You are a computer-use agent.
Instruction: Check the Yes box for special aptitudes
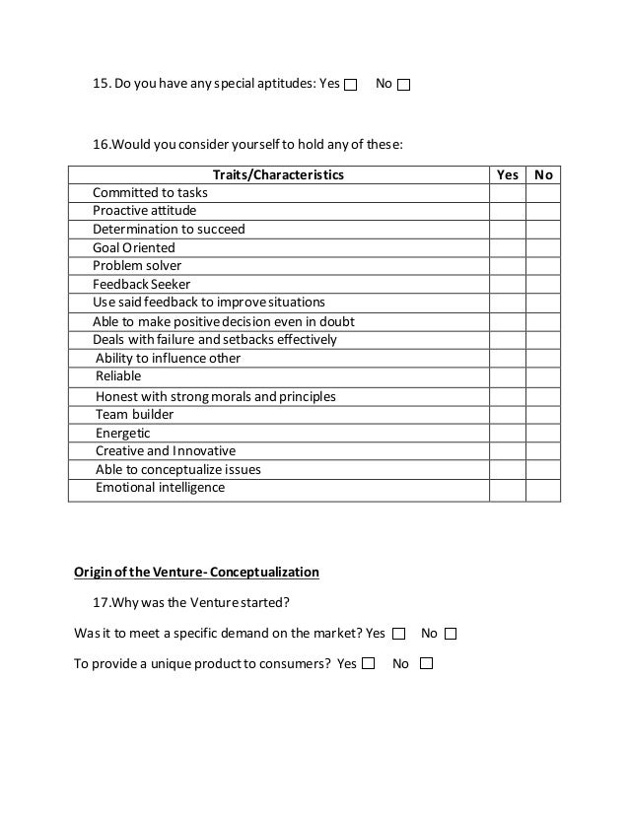(351, 85)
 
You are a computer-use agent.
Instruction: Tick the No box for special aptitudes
(404, 85)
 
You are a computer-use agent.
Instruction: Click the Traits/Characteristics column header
(279, 174)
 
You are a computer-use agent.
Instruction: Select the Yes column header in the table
(507, 174)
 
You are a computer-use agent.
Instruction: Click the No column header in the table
(543, 174)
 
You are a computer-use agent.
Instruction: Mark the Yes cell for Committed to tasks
(507, 193)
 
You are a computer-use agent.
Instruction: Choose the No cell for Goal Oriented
(543, 248)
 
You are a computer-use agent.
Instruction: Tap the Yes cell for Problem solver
(507, 266)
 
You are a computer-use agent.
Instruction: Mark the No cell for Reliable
(543, 376)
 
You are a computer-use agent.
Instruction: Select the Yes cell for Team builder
(507, 415)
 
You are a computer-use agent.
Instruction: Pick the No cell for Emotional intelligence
(543, 488)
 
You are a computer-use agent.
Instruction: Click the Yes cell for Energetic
(507, 433)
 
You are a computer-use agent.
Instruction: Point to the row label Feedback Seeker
(142, 284)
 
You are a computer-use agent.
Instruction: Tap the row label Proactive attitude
(145, 211)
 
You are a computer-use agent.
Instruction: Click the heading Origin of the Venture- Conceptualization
(197, 572)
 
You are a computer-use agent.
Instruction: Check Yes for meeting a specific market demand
(399, 634)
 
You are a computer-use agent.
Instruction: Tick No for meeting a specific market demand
(451, 634)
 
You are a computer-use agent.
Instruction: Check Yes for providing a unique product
(368, 664)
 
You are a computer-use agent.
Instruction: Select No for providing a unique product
(426, 664)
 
